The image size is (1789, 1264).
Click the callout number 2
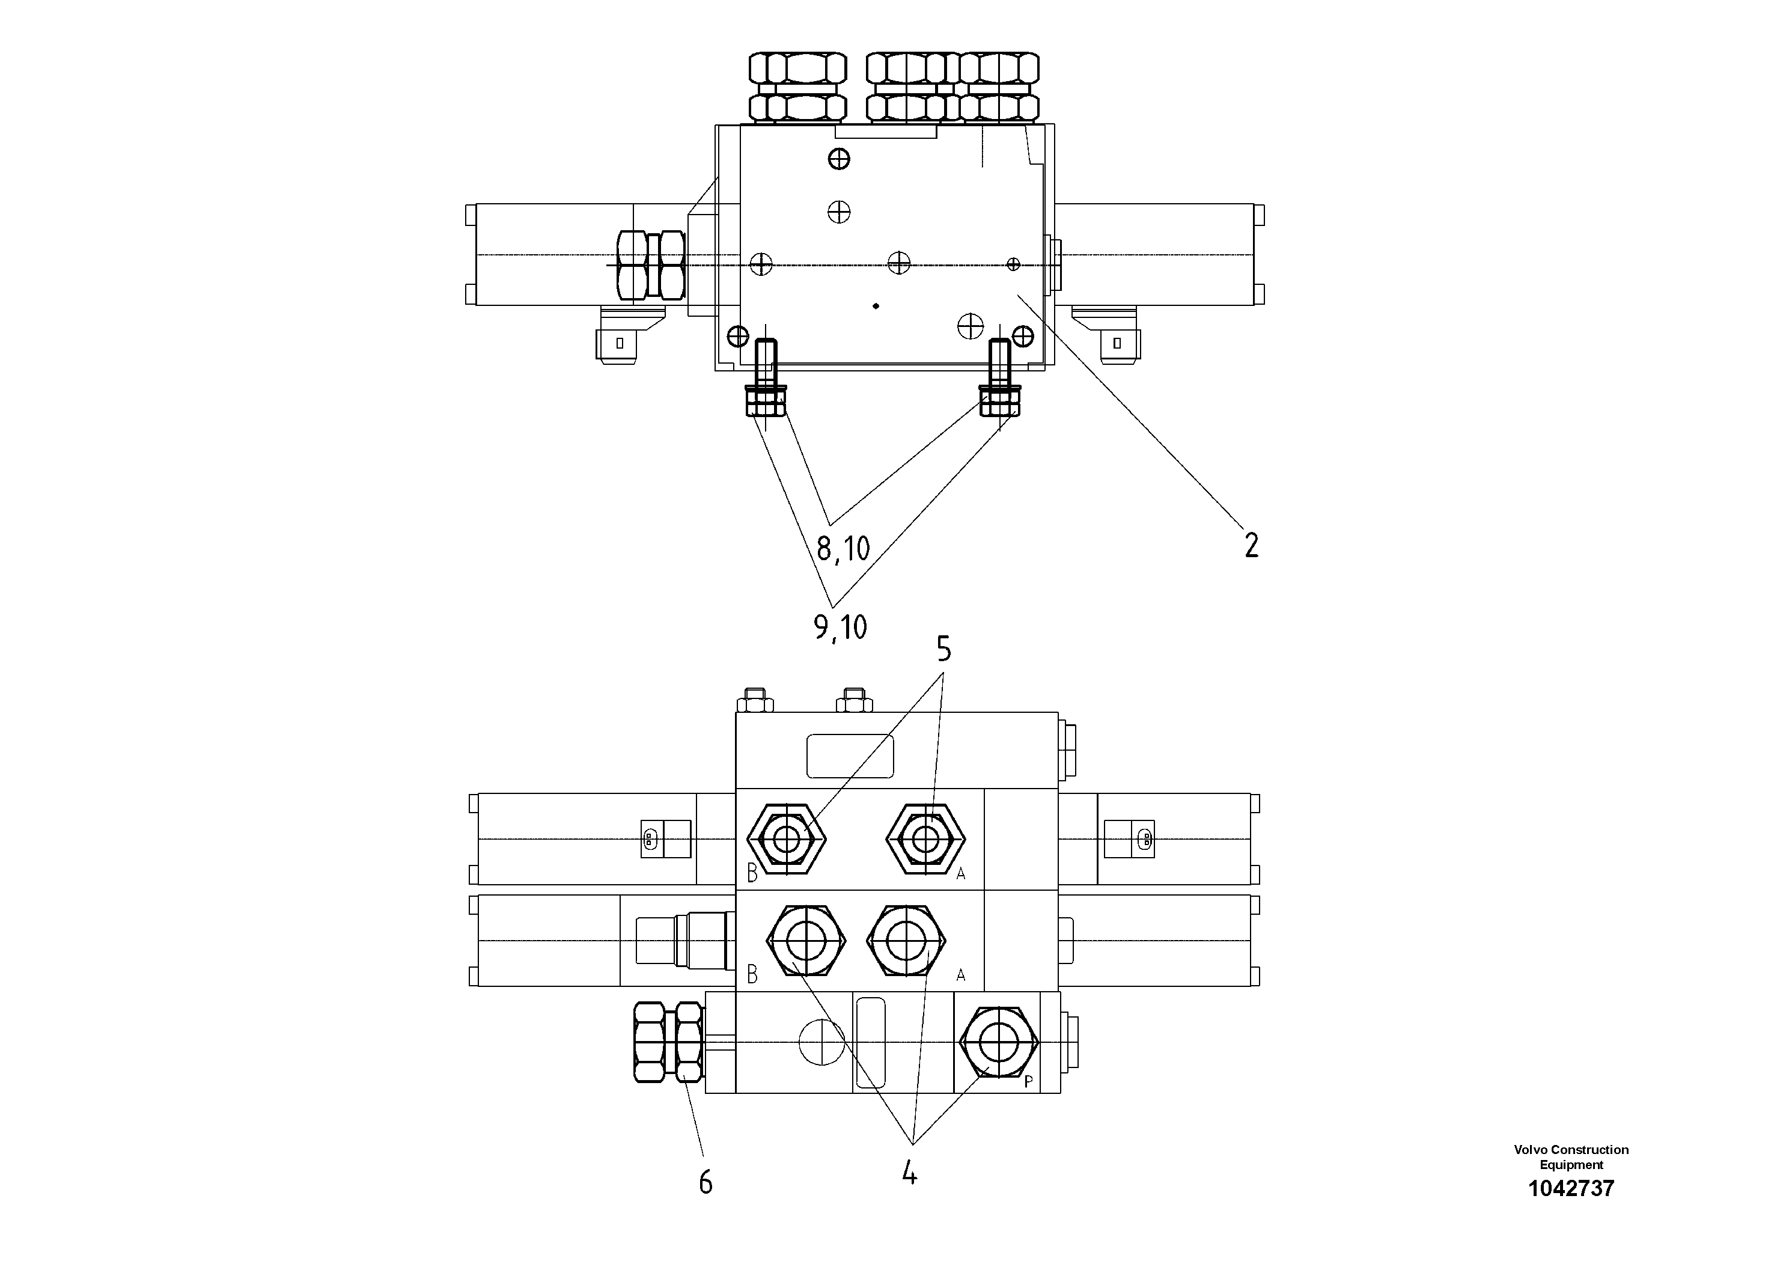[x=1251, y=545]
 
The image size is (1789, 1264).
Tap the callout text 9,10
[x=840, y=626]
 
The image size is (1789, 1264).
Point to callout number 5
[x=943, y=649]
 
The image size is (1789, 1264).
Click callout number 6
[x=705, y=1183]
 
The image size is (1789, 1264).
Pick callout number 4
[x=909, y=1173]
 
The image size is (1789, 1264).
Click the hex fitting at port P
[x=998, y=1041]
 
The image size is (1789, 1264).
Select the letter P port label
[x=1029, y=1082]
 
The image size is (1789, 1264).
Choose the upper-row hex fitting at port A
[x=925, y=839]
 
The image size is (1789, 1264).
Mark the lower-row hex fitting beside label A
[x=906, y=941]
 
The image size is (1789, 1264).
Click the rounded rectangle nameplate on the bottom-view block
[x=849, y=756]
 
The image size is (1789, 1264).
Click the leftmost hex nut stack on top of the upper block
[x=797, y=87]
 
